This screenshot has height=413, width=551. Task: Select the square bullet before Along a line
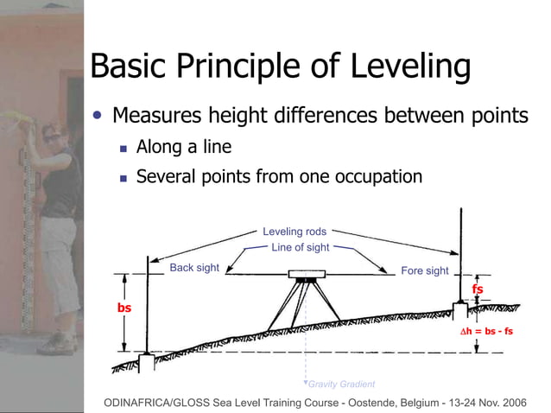click(x=123, y=149)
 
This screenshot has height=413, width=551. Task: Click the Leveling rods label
click(x=294, y=232)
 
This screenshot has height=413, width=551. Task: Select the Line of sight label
click(x=300, y=248)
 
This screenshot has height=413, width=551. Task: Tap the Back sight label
click(x=194, y=268)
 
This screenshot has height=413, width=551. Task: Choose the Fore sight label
click(x=425, y=270)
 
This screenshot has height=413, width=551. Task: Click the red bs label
click(x=123, y=308)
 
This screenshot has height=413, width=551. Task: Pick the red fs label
click(x=477, y=289)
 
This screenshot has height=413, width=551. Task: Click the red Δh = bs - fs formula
click(x=485, y=331)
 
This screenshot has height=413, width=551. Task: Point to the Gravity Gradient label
click(x=342, y=384)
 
